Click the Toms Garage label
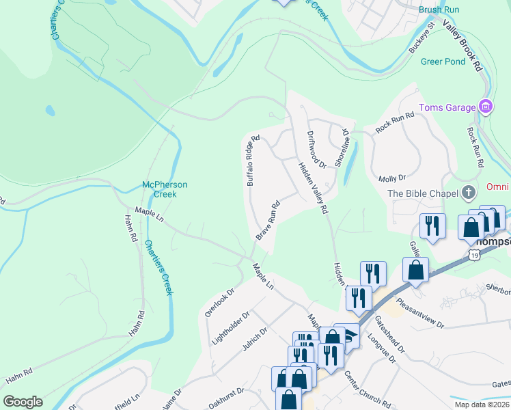click(x=447, y=107)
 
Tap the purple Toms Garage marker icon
click(x=486, y=107)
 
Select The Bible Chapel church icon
click(x=469, y=193)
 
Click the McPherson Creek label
click(x=165, y=189)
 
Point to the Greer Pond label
click(x=443, y=61)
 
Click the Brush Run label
click(x=439, y=10)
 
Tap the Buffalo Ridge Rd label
click(x=253, y=161)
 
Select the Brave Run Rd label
click(x=268, y=219)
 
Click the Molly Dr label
click(x=392, y=178)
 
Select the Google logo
click(x=23, y=402)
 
